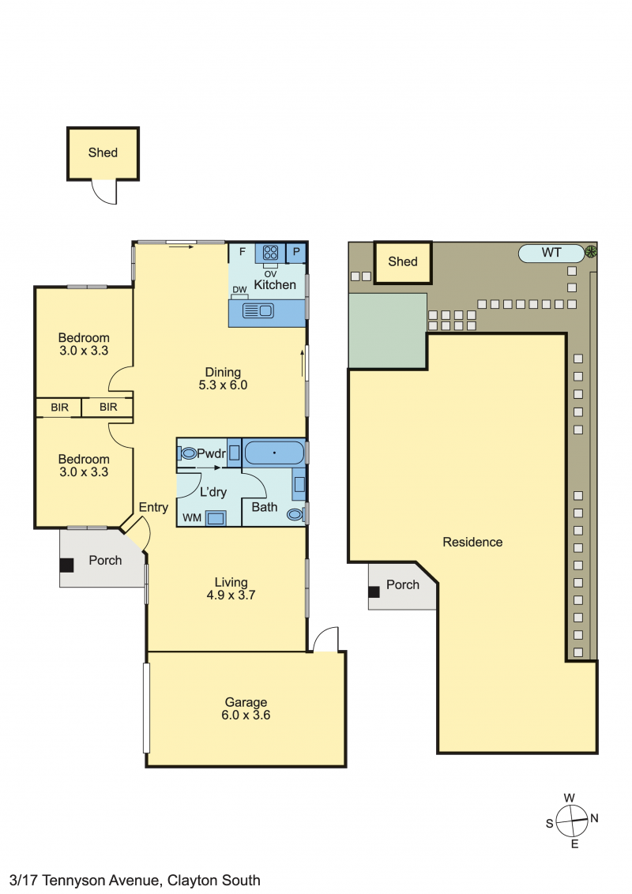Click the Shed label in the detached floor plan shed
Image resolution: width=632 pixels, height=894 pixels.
click(x=103, y=152)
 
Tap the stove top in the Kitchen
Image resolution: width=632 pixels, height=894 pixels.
click(x=270, y=252)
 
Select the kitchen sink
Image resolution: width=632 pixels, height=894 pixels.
click(x=258, y=310)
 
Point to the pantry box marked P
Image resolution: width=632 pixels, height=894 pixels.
click(x=296, y=252)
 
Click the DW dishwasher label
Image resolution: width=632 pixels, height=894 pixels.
click(x=239, y=290)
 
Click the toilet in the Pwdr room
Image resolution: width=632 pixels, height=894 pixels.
click(x=187, y=454)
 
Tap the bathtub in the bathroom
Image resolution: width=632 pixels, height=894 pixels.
click(x=274, y=453)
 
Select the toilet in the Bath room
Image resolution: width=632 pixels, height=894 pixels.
click(x=296, y=514)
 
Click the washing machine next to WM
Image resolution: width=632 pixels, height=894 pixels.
click(x=216, y=518)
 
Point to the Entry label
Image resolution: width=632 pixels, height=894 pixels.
click(x=153, y=508)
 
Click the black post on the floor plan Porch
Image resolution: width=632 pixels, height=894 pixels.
click(x=66, y=565)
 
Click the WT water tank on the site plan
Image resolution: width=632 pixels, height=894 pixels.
click(x=551, y=254)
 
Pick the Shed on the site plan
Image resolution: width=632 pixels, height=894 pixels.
click(x=403, y=262)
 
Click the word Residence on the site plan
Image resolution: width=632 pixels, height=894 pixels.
click(x=473, y=543)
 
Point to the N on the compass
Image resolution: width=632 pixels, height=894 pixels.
click(x=594, y=818)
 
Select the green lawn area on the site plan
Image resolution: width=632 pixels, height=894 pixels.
click(x=387, y=331)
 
